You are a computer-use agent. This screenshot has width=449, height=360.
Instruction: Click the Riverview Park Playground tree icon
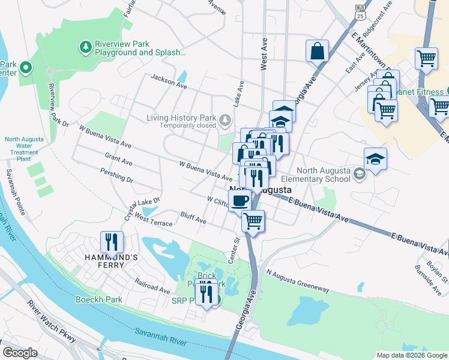click(x=86, y=46)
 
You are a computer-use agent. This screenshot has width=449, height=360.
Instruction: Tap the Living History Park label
click(x=181, y=118)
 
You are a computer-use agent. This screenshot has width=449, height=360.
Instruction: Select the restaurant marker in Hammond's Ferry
click(x=112, y=242)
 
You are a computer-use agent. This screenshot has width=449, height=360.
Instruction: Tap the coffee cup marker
click(x=240, y=200)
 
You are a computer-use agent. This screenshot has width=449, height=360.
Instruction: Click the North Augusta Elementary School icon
click(x=359, y=174)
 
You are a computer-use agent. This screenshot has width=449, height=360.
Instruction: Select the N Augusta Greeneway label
click(x=298, y=281)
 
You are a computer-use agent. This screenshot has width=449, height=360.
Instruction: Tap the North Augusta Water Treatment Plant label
click(x=24, y=149)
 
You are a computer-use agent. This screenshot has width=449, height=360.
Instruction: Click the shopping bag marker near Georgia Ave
click(x=316, y=51)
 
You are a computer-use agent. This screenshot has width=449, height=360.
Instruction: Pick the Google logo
click(x=20, y=353)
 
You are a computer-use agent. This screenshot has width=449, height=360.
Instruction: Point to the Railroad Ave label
click(x=152, y=285)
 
